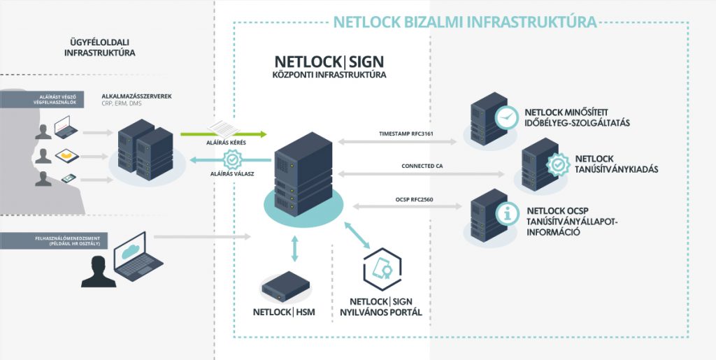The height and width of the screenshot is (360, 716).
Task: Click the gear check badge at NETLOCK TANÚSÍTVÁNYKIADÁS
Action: [554, 163]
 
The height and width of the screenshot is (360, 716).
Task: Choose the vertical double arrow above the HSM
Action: [294, 248]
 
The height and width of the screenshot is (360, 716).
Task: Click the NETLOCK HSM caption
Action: [284, 312]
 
